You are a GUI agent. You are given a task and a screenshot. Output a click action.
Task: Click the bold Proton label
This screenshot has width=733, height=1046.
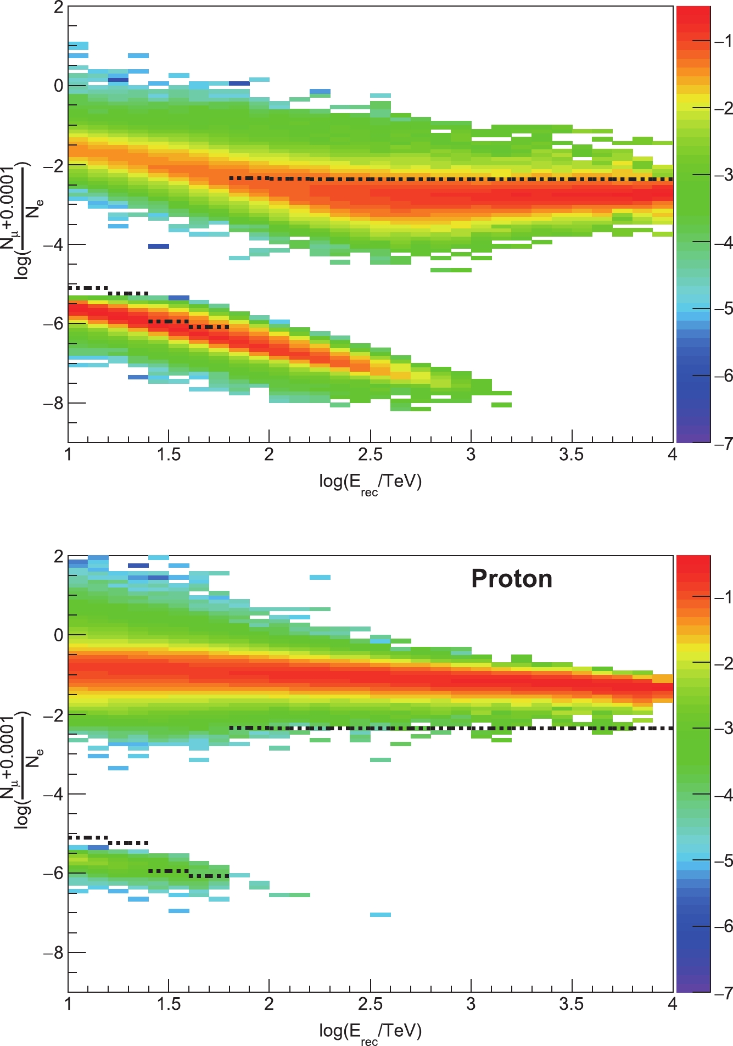click(512, 579)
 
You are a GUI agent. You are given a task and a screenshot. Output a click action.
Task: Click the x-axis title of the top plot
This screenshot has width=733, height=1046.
click(370, 483)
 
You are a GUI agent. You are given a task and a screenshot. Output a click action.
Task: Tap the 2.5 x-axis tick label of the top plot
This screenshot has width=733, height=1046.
click(370, 455)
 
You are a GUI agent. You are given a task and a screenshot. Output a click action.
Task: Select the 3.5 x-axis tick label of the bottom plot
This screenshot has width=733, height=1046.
click(571, 1004)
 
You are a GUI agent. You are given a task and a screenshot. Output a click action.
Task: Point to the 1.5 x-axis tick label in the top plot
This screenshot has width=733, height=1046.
click(169, 455)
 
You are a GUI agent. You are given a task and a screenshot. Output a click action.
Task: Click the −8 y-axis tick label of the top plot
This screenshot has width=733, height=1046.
click(54, 403)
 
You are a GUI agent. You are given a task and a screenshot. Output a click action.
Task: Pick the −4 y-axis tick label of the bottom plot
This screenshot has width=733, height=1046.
click(54, 794)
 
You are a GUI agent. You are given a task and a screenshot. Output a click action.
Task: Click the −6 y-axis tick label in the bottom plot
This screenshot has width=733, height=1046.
click(54, 874)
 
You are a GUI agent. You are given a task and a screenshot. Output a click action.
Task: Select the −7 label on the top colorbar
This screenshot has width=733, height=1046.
click(722, 443)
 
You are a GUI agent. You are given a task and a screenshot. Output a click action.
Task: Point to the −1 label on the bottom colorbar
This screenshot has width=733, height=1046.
click(722, 597)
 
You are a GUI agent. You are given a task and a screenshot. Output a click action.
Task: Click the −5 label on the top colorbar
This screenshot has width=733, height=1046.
click(722, 309)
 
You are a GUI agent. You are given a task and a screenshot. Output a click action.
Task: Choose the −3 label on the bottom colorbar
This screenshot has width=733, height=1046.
click(722, 729)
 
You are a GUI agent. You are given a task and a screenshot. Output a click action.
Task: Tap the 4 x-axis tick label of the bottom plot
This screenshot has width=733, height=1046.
click(673, 1004)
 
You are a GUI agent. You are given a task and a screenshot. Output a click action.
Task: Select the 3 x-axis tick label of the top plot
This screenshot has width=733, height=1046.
click(471, 455)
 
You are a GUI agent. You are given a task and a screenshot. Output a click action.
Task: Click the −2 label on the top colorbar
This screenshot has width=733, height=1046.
click(722, 108)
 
